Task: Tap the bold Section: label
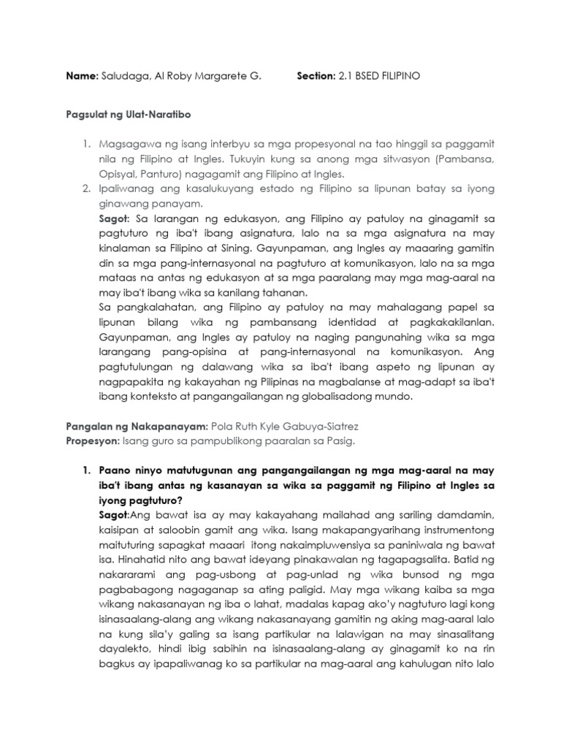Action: [316, 76]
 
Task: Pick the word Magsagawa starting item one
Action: [128, 148]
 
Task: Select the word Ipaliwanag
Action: [126, 189]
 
